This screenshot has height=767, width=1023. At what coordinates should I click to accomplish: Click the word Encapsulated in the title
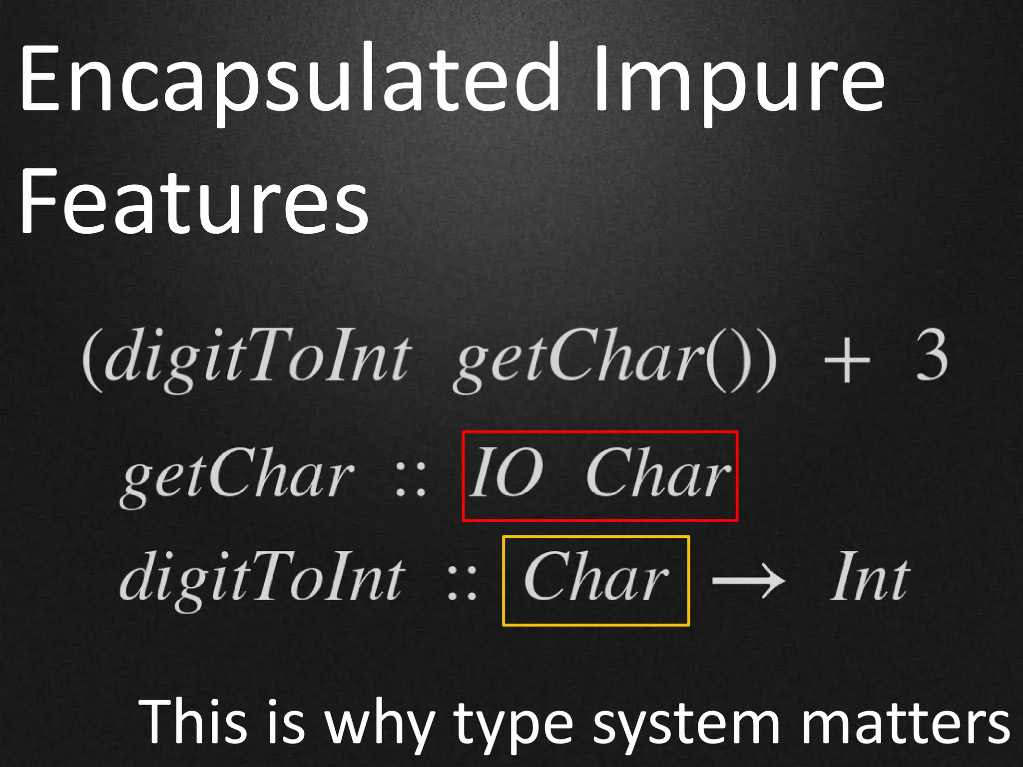(290, 80)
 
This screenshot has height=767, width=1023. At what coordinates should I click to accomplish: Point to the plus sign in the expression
(846, 360)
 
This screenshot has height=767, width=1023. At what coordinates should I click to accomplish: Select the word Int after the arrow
(869, 579)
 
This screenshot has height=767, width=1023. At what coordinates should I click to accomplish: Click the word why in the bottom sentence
(380, 724)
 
